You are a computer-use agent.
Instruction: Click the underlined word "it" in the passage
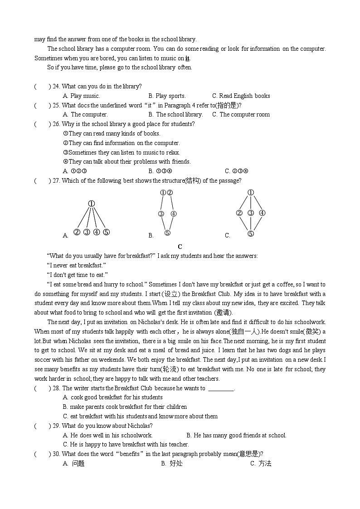187,58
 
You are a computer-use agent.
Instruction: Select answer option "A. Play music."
82,96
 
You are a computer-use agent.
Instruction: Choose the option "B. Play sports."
167,96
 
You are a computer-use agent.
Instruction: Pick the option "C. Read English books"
241,96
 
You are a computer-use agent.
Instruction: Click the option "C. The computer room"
241,114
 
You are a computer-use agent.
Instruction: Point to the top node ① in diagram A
91,204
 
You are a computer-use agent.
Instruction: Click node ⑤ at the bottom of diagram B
167,233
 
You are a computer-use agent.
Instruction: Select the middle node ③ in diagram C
251,213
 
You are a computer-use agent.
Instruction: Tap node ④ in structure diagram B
174,214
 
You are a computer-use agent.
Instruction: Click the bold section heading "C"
180,247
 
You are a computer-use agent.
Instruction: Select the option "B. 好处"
172,463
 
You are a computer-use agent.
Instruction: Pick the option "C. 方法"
261,463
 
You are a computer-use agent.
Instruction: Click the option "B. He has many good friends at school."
236,435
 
